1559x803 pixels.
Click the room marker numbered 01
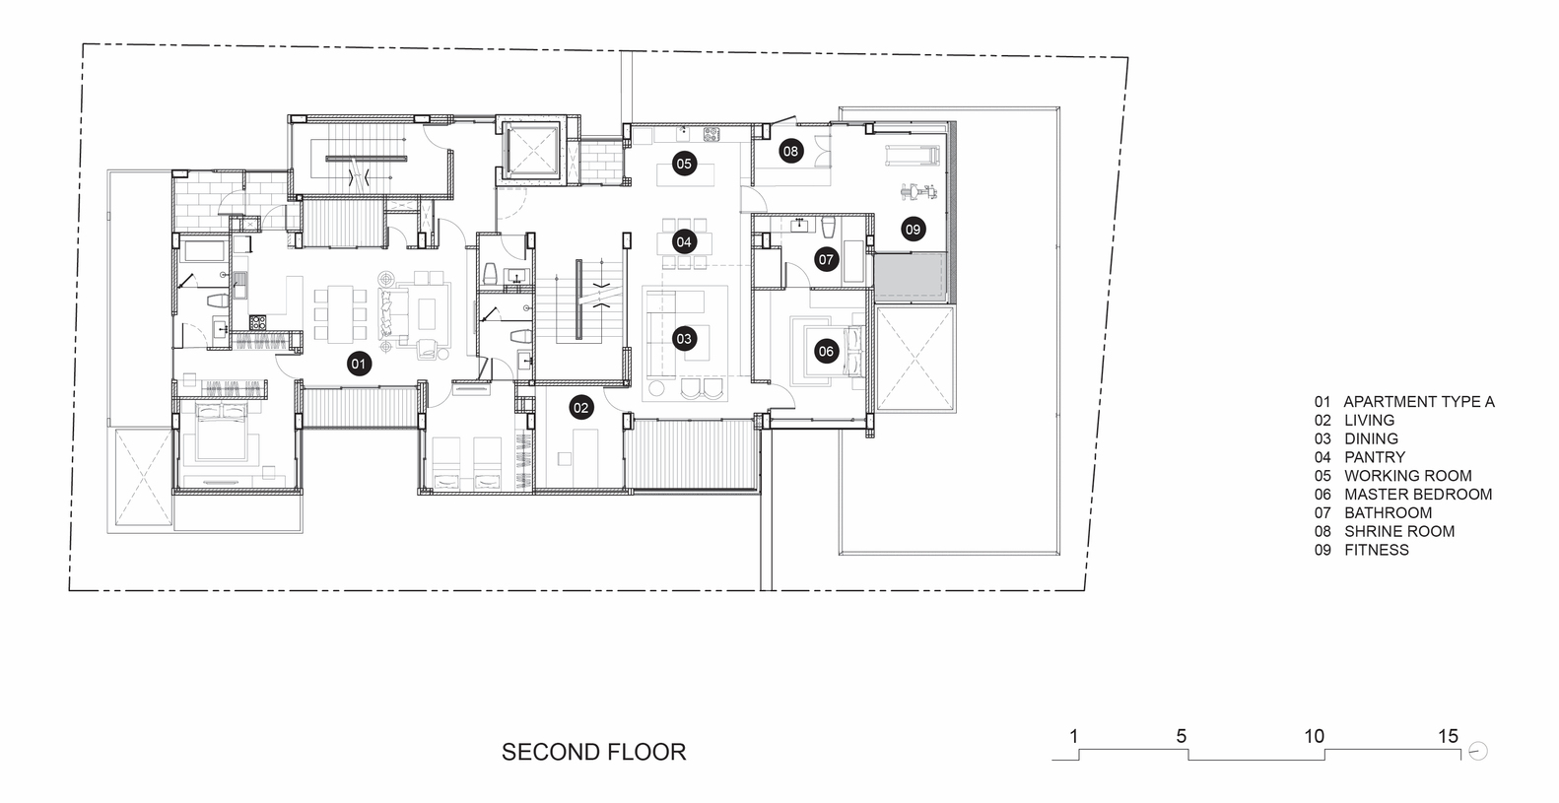[x=359, y=364]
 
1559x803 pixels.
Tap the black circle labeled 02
[x=581, y=408]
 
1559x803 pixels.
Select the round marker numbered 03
[x=684, y=339]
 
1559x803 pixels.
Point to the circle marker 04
[x=684, y=241]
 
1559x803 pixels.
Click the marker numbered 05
[x=684, y=164]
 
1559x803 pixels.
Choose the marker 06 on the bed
[x=826, y=352]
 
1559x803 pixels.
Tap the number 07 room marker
[x=826, y=259]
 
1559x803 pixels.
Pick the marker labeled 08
[x=790, y=151]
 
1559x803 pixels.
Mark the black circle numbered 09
[x=913, y=229]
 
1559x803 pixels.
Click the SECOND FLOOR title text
[x=593, y=752]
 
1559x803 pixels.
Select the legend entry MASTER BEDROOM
[x=1418, y=494]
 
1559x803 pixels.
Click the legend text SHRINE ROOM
[x=1399, y=531]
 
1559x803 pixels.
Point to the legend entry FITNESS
[x=1376, y=550]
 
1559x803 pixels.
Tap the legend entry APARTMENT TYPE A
[x=1418, y=402]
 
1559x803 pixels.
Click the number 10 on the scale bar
[x=1314, y=736]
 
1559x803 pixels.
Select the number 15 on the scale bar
[x=1449, y=736]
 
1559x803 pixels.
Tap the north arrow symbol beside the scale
[x=1477, y=752]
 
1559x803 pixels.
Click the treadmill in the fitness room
[x=913, y=155]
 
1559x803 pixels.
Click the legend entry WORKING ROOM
[x=1408, y=475]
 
